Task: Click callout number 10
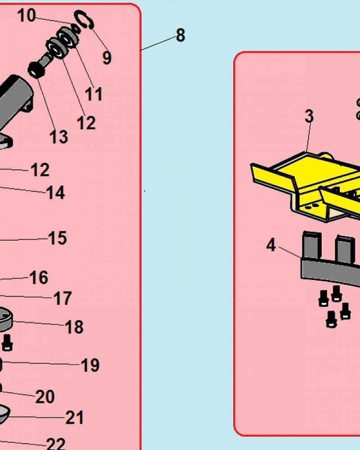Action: click(x=27, y=15)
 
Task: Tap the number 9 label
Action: click(x=107, y=58)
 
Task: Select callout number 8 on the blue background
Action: click(x=180, y=35)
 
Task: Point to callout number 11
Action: click(x=94, y=94)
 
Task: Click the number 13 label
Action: click(x=58, y=137)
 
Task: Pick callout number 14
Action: click(x=56, y=193)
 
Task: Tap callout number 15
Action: click(x=58, y=238)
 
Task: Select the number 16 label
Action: click(x=39, y=278)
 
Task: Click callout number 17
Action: click(x=63, y=298)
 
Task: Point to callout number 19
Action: click(x=90, y=365)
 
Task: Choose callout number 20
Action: click(x=45, y=397)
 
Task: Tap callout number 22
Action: click(x=56, y=443)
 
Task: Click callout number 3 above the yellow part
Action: click(x=309, y=116)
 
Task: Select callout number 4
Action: click(x=271, y=245)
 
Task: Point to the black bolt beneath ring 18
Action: click(x=7, y=342)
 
